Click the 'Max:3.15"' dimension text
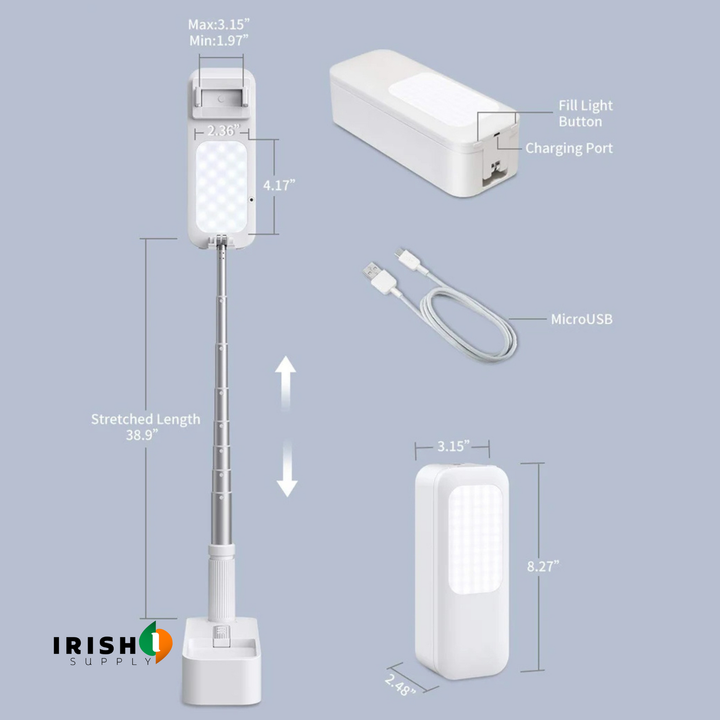[x=219, y=24]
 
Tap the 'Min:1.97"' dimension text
[x=219, y=41]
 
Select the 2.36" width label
[x=223, y=131]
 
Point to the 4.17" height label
[x=279, y=185]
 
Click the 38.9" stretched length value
[x=142, y=435]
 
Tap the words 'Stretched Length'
[x=145, y=419]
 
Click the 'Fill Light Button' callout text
[x=585, y=113]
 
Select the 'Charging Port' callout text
[x=569, y=148]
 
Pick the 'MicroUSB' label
[x=582, y=319]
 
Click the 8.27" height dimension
[x=543, y=567]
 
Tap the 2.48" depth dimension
[x=400, y=685]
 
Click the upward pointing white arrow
[x=286, y=384]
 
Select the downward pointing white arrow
[x=287, y=469]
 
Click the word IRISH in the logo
[x=95, y=645]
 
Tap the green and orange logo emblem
[x=156, y=642]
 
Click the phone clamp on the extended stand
[x=221, y=95]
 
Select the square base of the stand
[x=221, y=661]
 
